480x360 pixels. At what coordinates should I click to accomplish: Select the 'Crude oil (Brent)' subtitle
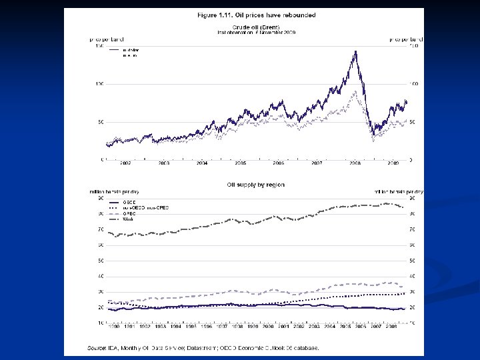click(256, 26)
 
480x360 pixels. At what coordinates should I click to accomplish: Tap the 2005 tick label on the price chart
click(240, 163)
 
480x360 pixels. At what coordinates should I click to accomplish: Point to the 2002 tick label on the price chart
click(125, 163)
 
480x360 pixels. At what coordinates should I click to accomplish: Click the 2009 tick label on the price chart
click(393, 163)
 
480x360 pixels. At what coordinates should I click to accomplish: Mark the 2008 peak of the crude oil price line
click(355, 51)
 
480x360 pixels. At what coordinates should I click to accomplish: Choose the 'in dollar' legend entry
click(131, 51)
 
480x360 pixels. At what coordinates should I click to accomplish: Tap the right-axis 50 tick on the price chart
click(411, 122)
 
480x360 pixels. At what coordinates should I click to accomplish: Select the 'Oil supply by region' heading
click(255, 185)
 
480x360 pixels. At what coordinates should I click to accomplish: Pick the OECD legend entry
click(129, 202)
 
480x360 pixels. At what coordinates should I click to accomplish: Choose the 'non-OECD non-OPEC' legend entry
click(145, 208)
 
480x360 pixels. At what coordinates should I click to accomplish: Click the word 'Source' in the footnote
click(97, 347)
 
